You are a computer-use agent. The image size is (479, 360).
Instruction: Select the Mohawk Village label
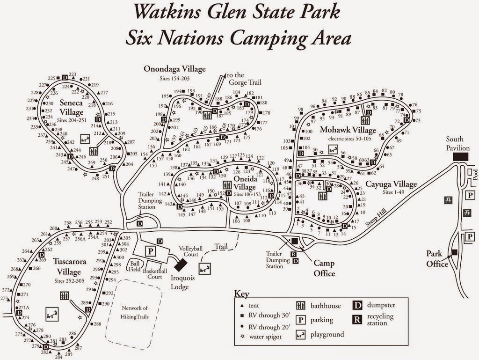(x=348, y=130)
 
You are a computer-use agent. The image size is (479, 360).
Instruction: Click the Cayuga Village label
(x=391, y=184)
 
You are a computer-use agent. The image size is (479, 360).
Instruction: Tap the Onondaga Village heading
(x=174, y=69)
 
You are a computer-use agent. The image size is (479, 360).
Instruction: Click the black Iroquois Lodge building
(x=179, y=264)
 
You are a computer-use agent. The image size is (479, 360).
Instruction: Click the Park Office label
(x=437, y=258)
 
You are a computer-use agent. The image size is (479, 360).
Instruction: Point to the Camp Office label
(x=324, y=268)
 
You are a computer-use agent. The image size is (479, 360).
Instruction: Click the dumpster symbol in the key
(x=357, y=306)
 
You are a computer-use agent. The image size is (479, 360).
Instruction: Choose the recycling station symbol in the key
(x=357, y=320)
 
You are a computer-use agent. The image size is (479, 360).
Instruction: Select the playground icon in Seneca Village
(x=85, y=139)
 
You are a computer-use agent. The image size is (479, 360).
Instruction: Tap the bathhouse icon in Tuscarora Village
(x=65, y=296)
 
